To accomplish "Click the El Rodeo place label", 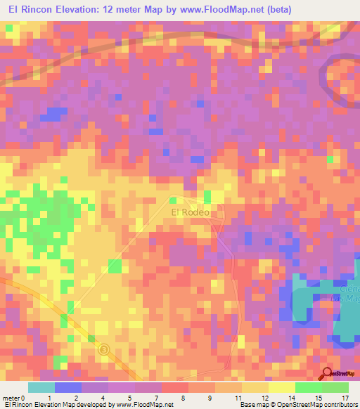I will click(191, 211).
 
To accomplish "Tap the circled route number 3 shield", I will click(104, 349).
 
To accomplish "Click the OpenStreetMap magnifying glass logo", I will click(326, 373).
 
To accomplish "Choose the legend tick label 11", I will click(240, 398).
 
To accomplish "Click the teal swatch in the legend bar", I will click(41, 387).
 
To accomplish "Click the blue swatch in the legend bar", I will click(68, 387).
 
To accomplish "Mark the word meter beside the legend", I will click(14, 398).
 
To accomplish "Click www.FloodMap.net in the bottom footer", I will click(141, 405).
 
